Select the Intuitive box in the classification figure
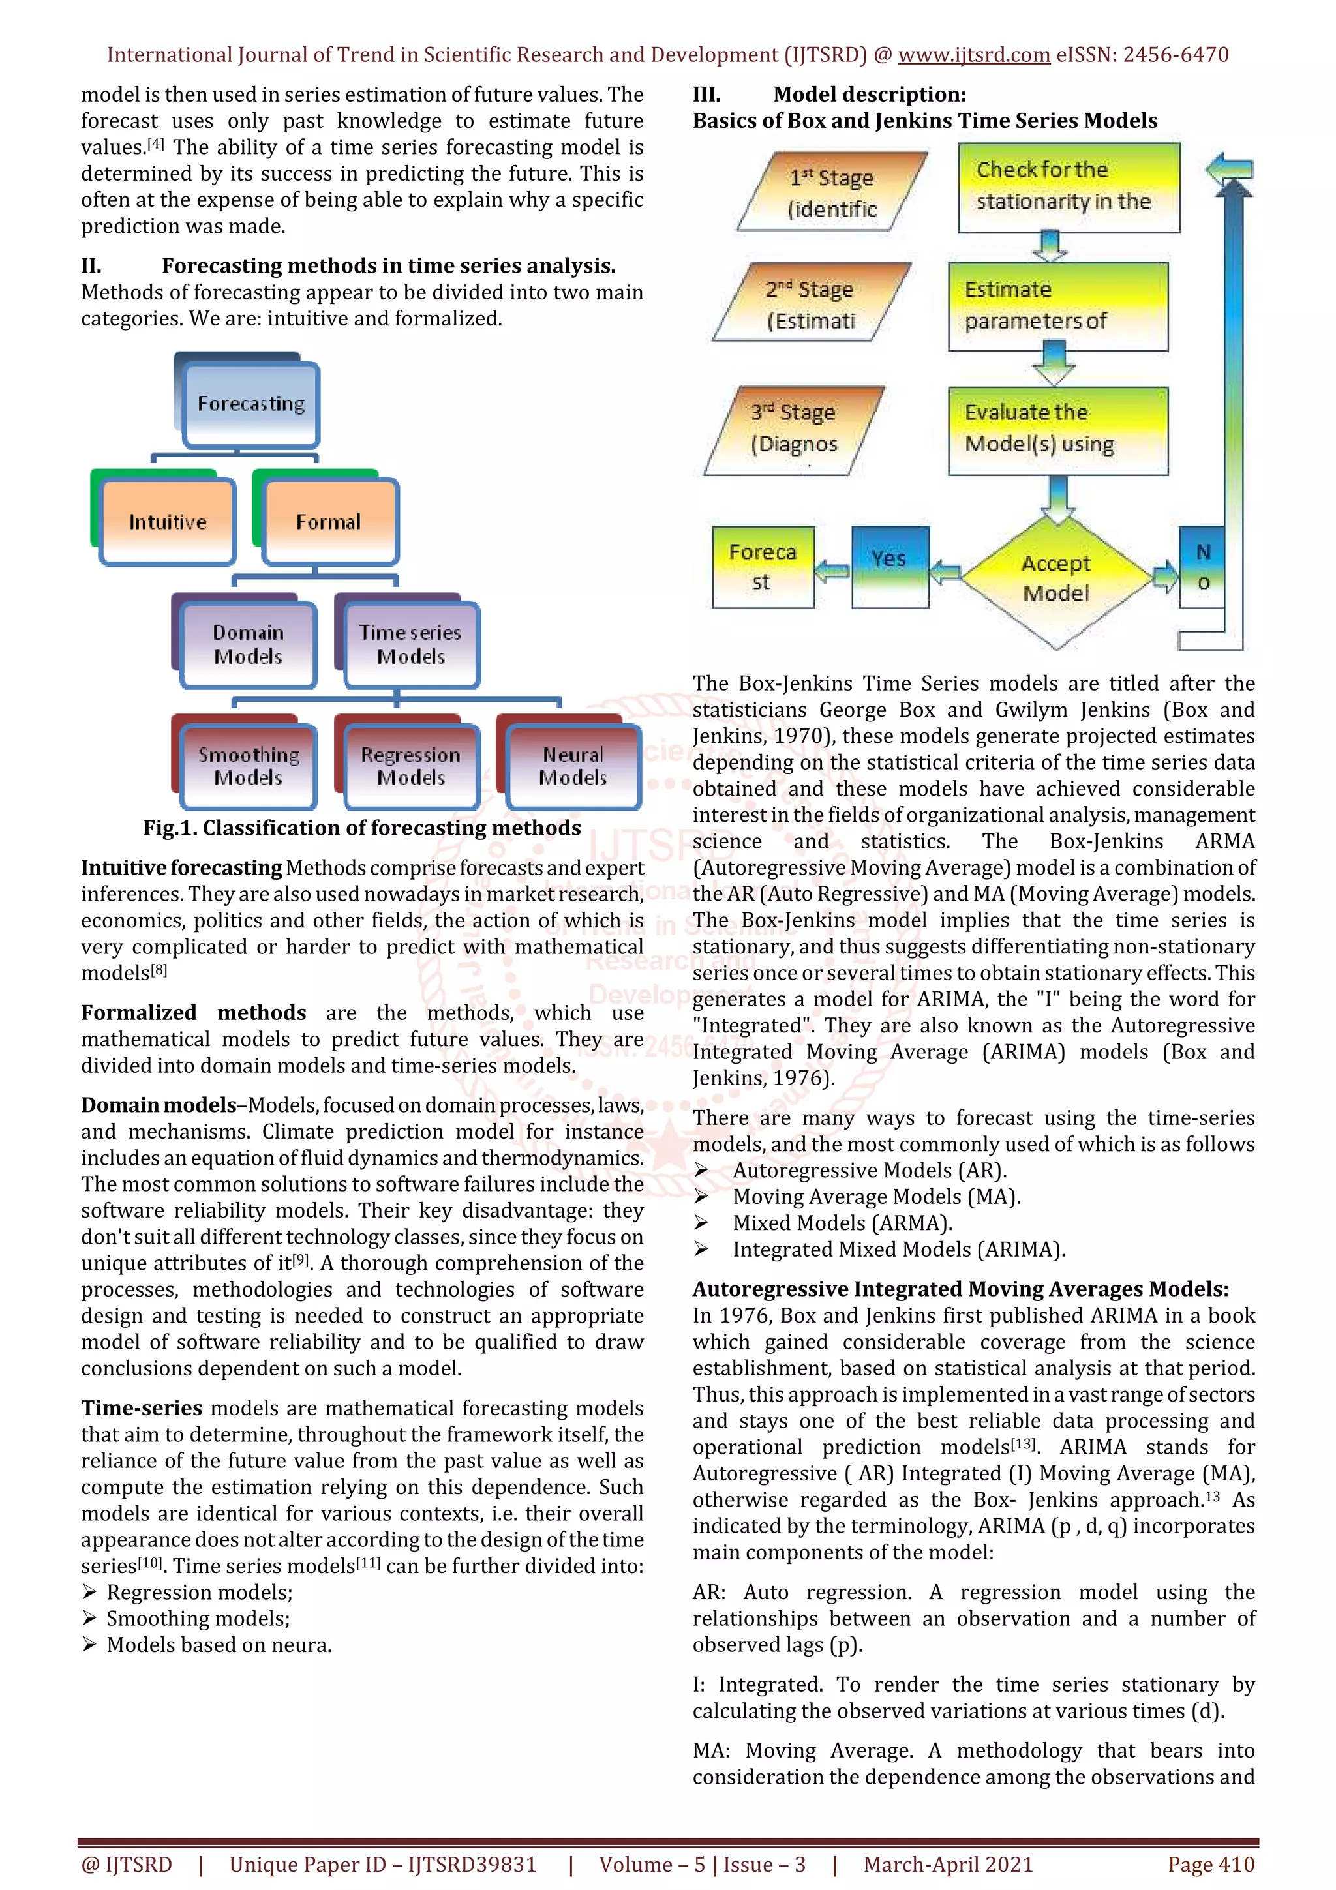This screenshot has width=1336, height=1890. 168,522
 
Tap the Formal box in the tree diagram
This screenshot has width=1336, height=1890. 328,522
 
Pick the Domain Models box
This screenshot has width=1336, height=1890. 248,644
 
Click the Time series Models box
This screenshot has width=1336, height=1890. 411,644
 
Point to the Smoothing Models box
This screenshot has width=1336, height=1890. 248,766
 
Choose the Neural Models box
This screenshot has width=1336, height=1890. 573,766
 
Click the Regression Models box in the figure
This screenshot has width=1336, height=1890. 411,766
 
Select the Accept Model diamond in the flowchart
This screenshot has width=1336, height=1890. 1056,578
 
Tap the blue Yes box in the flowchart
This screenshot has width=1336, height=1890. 890,566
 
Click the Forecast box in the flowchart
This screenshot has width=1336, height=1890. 762,567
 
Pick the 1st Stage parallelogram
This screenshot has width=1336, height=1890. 832,192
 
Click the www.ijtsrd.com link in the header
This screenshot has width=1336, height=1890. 973,55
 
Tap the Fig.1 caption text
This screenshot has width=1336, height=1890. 362,828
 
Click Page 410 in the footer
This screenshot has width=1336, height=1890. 1210,1865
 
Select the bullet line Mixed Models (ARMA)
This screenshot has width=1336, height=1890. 842,1223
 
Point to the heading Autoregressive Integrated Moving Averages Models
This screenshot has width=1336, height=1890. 960,1289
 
